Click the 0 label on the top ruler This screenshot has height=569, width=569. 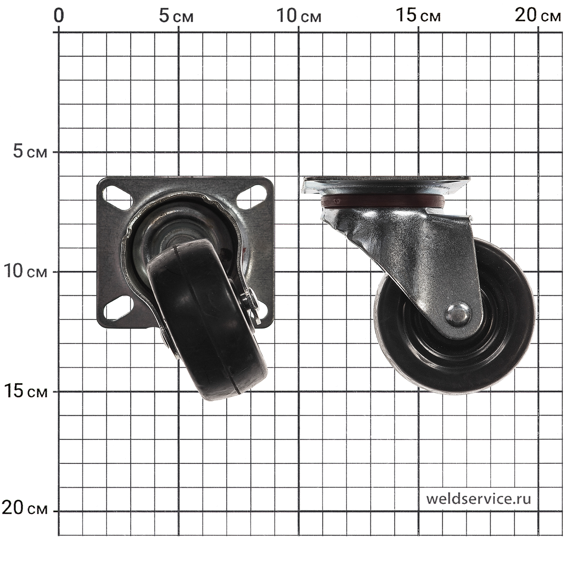tap(59, 16)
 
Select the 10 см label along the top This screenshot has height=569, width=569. tap(299, 16)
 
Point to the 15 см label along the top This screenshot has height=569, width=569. tap(418, 16)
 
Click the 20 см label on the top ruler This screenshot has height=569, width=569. tap(538, 16)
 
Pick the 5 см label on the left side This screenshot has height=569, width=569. tap(30, 152)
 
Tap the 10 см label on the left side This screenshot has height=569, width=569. tap(25, 271)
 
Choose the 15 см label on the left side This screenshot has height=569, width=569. tap(25, 391)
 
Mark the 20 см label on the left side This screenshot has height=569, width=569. tap(25, 508)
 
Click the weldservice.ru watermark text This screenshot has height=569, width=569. tap(478, 498)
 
